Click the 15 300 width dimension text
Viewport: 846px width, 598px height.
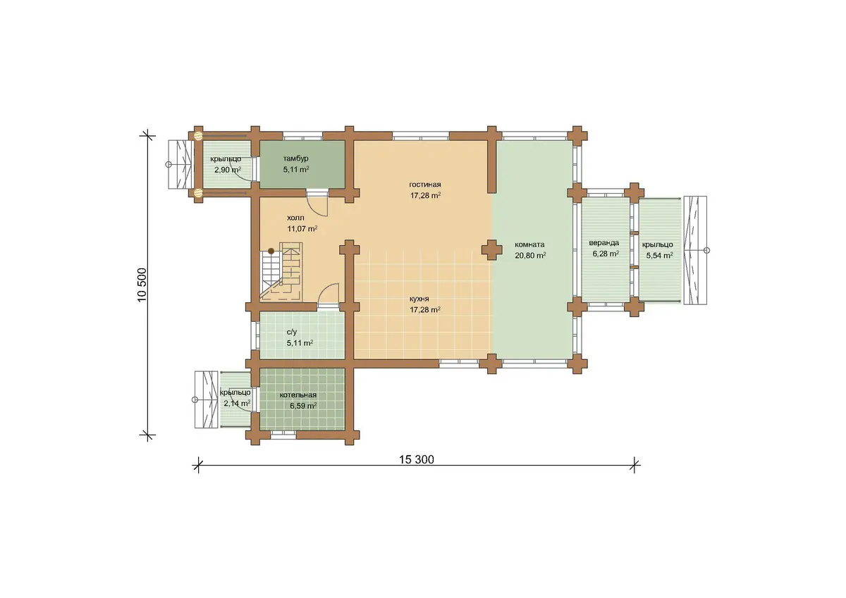coord(417,459)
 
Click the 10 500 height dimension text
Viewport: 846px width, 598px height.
coord(142,285)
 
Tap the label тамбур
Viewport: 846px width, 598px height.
coord(295,158)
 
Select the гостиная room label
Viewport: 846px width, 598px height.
coord(425,185)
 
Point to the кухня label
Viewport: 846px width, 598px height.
coord(419,299)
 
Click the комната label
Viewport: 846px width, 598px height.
coord(529,244)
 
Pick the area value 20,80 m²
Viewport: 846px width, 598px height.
coord(530,256)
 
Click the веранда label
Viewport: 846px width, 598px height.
coord(604,243)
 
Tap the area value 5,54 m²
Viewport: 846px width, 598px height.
coord(659,256)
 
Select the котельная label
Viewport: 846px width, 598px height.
coord(298,395)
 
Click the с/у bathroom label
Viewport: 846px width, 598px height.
coord(292,332)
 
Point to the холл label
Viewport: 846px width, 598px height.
coord(295,218)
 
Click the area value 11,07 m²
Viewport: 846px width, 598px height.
coord(302,229)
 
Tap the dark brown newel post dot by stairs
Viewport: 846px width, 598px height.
coord(271,251)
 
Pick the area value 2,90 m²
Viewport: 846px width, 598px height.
coord(228,170)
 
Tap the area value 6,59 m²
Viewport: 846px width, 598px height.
coord(303,406)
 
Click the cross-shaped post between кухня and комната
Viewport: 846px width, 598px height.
coord(492,250)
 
